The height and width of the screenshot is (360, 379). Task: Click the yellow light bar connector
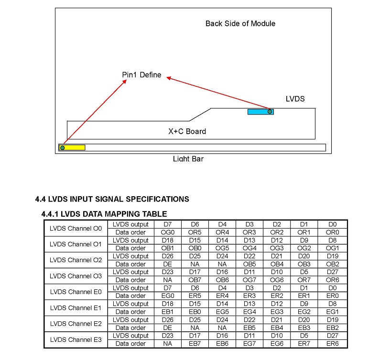[x=73, y=148]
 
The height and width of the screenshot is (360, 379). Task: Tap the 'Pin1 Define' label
[x=141, y=75]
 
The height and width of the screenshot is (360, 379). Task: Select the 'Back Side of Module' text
[x=240, y=23]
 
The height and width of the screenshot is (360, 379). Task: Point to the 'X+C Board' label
[x=187, y=131]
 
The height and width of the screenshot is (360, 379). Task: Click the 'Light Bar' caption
[x=188, y=159]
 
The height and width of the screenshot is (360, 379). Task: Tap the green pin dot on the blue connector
[x=270, y=112]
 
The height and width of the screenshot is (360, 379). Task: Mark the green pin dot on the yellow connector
[x=62, y=148]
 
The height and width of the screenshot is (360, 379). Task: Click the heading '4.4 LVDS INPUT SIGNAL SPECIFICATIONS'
[x=112, y=199]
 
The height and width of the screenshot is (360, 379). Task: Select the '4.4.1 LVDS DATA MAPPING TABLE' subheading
[x=105, y=214]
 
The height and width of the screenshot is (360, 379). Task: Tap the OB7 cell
[x=195, y=280]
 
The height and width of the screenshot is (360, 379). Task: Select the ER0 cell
[x=333, y=296]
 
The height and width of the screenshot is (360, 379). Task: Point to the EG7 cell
[x=249, y=344]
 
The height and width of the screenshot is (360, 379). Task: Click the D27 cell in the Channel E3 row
[x=333, y=336]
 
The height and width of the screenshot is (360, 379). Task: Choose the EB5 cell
[x=249, y=328]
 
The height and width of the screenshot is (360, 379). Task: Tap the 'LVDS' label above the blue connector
[x=295, y=99]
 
